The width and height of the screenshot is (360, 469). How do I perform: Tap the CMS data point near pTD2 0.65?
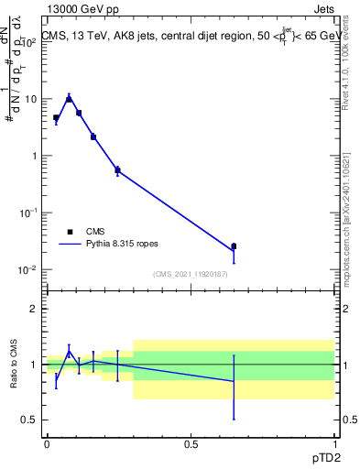pyautogui.click(x=234, y=246)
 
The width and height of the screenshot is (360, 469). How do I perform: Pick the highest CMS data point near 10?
pyautogui.click(x=70, y=99)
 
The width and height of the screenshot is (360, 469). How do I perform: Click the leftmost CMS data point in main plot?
pyautogui.click(x=56, y=117)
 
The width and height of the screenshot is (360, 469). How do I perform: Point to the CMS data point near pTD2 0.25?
pyautogui.click(x=117, y=169)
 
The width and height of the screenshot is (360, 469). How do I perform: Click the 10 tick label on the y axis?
pyautogui.click(x=31, y=99)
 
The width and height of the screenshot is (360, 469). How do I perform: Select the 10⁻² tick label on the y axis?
pyautogui.click(x=27, y=269)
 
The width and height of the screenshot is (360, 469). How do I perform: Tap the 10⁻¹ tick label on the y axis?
pyautogui.click(x=27, y=213)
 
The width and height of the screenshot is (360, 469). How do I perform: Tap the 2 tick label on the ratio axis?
pyautogui.click(x=34, y=309)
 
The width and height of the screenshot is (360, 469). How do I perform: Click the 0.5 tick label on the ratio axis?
pyautogui.click(x=30, y=420)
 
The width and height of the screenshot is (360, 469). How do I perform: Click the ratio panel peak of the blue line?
pyautogui.click(x=70, y=350)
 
